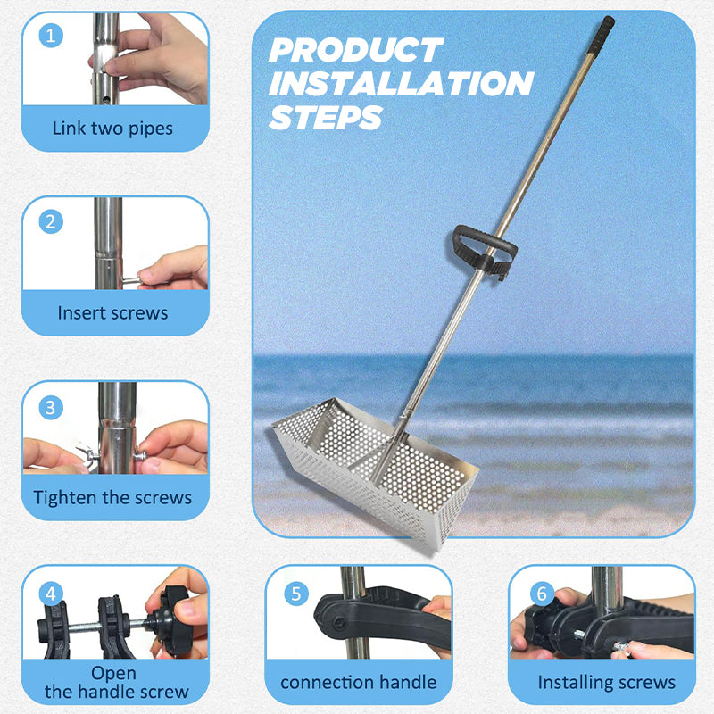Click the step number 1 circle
(51, 37)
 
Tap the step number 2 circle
(51, 221)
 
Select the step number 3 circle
(51, 407)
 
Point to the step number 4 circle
(51, 592)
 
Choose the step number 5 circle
(295, 593)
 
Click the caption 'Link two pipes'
(112, 128)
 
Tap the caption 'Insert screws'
(112, 312)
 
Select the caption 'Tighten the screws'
(112, 497)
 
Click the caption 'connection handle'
(358, 682)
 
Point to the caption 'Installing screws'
(606, 683)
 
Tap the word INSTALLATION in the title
(401, 84)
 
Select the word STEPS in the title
(326, 117)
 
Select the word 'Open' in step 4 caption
(113, 672)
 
